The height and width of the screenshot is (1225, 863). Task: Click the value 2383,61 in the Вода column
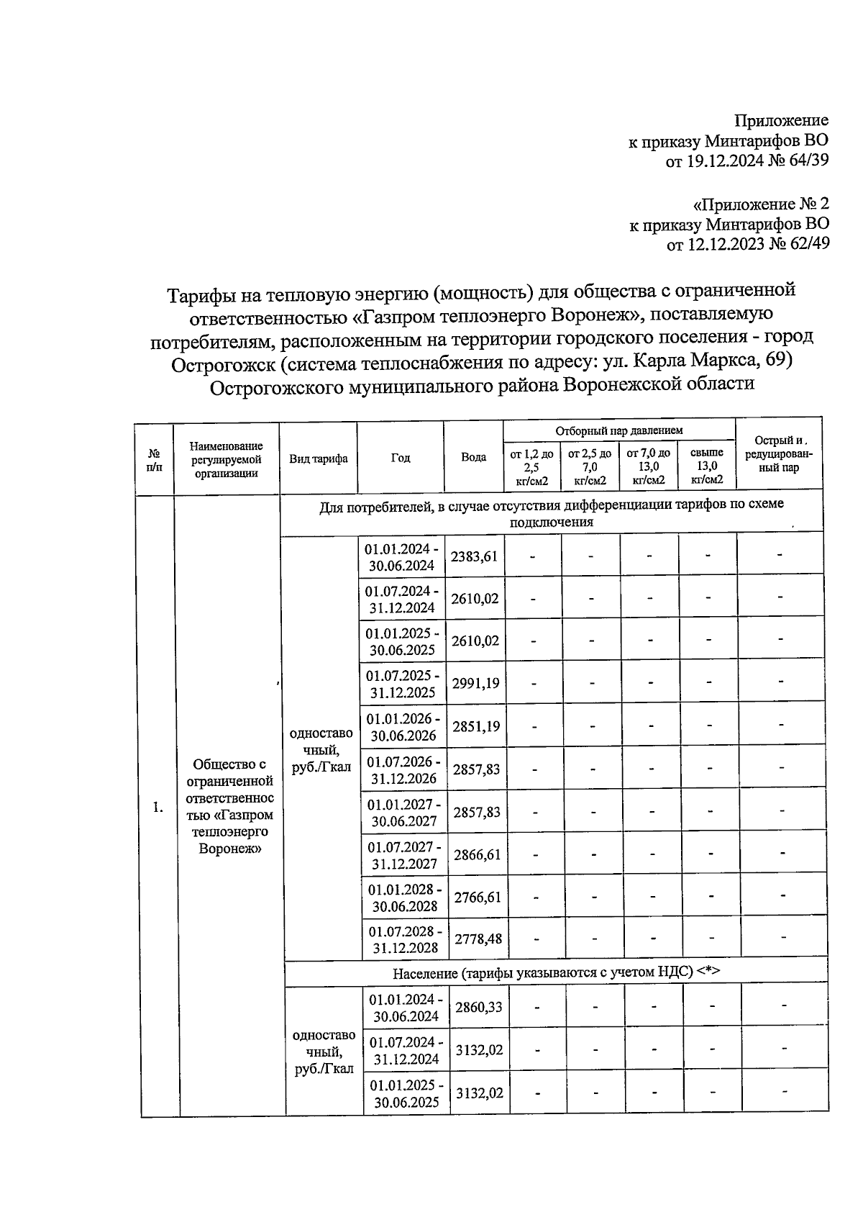point(474,556)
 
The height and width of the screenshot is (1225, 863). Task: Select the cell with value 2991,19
point(475,683)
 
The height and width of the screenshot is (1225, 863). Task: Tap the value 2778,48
point(478,939)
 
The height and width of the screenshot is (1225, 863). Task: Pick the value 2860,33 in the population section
point(479,1006)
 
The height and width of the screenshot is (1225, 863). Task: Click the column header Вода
point(473,457)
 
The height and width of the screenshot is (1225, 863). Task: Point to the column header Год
point(401,458)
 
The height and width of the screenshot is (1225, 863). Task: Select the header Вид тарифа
point(318,458)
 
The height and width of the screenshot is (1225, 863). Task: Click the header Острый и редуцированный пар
point(779,454)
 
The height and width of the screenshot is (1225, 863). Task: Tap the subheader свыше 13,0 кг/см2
point(706,466)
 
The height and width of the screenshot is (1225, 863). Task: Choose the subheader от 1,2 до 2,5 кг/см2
point(531,466)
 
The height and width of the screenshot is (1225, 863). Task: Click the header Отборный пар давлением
point(618,430)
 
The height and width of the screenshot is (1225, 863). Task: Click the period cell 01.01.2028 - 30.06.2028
point(405,897)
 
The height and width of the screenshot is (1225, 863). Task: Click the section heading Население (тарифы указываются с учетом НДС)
point(556,972)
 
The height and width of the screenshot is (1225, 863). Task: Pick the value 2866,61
point(477,854)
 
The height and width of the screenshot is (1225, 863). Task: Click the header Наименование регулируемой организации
point(226,459)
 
